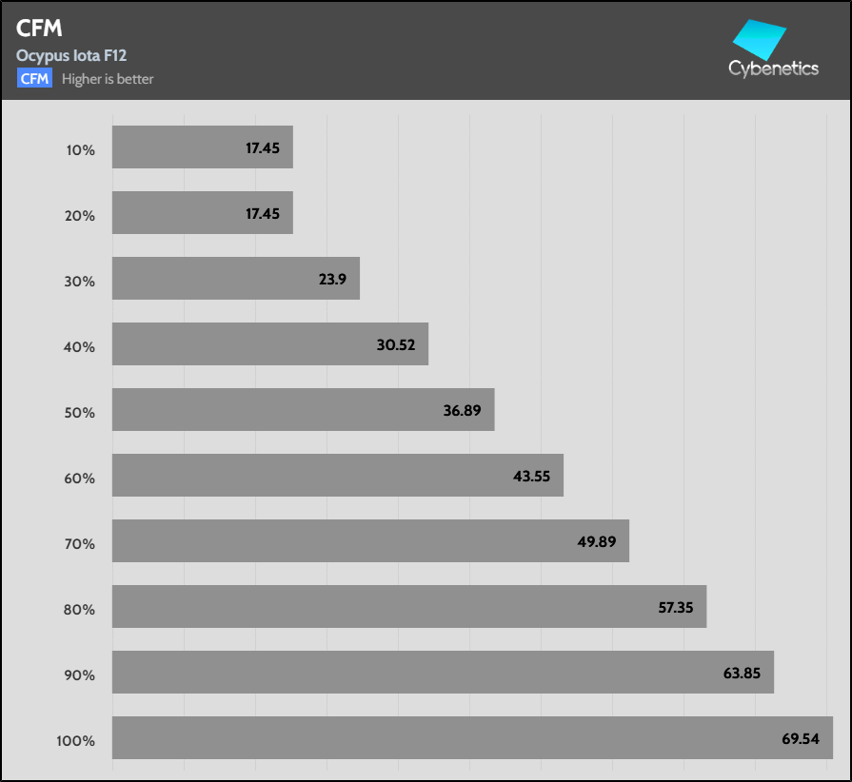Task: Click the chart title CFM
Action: click(38, 29)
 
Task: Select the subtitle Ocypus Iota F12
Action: click(71, 56)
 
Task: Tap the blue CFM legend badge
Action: click(34, 79)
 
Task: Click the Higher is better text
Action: click(108, 79)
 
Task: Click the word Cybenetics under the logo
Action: click(773, 68)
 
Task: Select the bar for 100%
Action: click(472, 737)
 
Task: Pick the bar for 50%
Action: click(303, 409)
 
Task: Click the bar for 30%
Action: click(235, 278)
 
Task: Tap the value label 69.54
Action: click(798, 738)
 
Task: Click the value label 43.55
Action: click(532, 476)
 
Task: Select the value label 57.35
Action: click(675, 607)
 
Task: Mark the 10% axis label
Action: click(80, 149)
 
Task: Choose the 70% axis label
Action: click(80, 543)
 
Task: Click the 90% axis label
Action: click(80, 674)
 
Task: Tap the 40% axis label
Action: click(80, 346)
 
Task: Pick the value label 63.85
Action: click(743, 673)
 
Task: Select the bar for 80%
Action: click(408, 606)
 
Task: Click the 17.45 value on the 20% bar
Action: click(263, 214)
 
